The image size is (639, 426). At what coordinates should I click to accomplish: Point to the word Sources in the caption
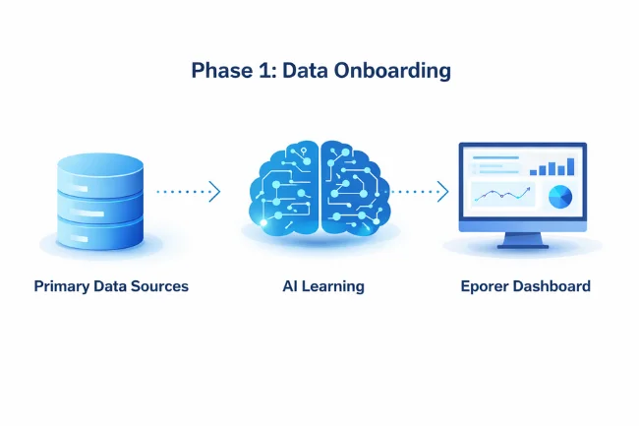(x=159, y=286)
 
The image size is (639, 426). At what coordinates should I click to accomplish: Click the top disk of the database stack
(x=100, y=166)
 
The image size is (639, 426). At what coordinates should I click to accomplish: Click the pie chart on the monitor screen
(x=559, y=196)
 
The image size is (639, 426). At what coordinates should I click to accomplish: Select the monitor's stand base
(x=522, y=245)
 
